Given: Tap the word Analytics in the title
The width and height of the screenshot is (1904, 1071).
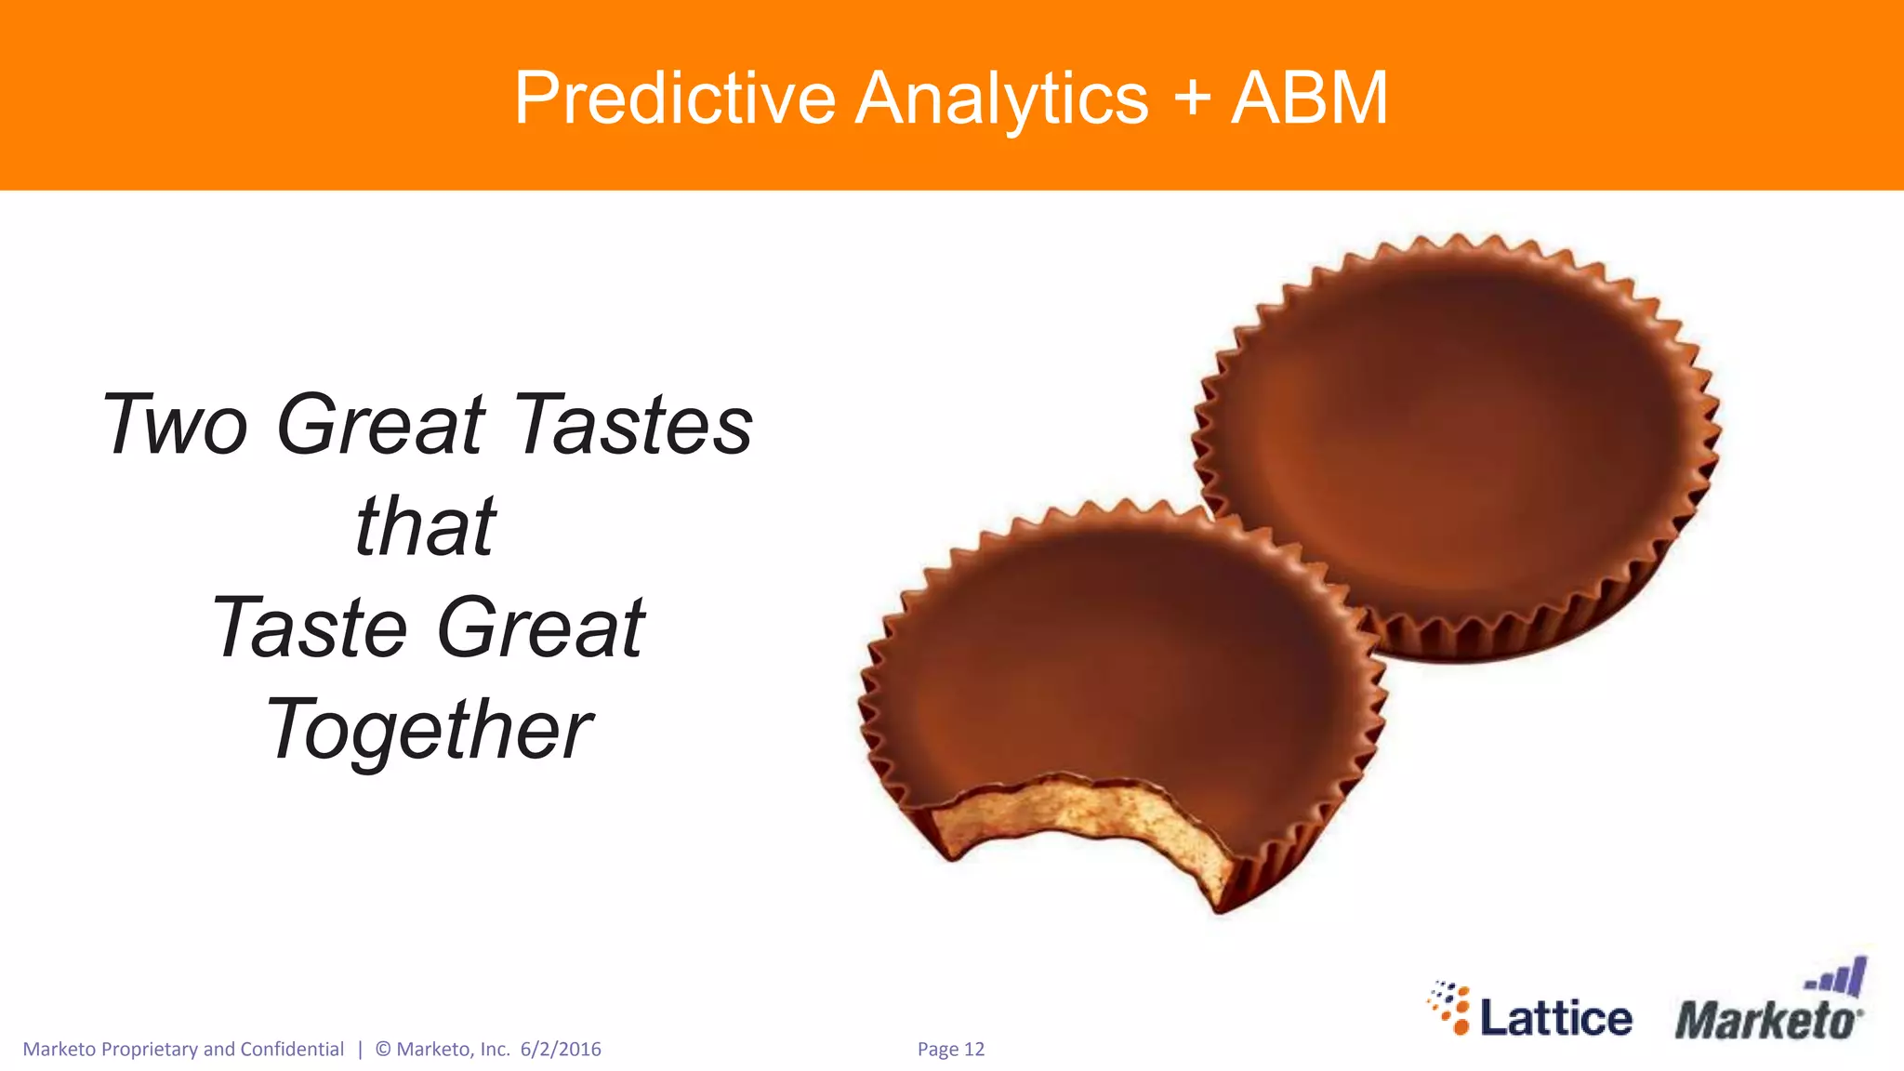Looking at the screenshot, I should [x=1001, y=99].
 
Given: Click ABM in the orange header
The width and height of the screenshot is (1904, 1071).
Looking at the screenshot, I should [x=1310, y=99].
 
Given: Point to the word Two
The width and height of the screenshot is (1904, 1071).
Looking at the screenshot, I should [x=175, y=425].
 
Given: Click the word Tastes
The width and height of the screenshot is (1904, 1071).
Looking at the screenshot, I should [x=633, y=425].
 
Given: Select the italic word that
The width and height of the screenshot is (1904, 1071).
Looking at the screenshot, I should [x=426, y=527].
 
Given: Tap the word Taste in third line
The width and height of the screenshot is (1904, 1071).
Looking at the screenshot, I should [x=310, y=628].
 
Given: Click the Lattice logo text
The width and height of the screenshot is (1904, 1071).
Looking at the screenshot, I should [x=1555, y=1018].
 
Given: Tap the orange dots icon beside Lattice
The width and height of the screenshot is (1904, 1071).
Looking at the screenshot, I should [x=1450, y=1008].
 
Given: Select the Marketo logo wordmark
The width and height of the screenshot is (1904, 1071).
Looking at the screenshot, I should [x=1764, y=1021].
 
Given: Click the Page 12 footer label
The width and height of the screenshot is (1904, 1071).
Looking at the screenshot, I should [x=950, y=1050].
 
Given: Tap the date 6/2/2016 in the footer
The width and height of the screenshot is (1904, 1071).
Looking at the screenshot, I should [x=561, y=1050].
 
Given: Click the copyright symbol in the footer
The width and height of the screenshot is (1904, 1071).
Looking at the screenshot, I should [x=383, y=1050].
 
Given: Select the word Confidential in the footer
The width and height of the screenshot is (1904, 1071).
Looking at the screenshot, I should [x=292, y=1050].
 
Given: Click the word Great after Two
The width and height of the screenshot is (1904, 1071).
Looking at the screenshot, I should [x=381, y=425].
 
